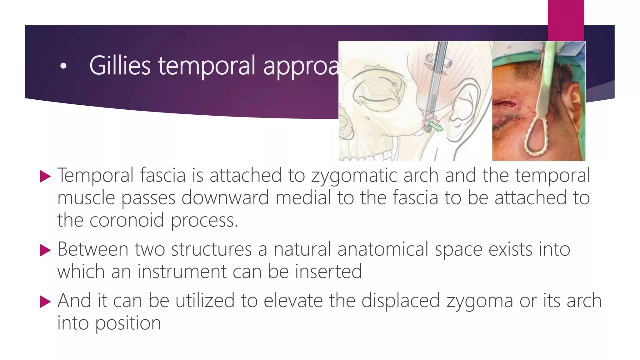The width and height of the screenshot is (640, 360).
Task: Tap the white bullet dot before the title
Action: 63,66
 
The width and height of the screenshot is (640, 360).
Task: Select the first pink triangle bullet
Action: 45,177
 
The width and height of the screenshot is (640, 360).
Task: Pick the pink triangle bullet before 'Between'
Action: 45,250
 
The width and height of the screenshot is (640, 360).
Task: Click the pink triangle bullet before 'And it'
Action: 45,302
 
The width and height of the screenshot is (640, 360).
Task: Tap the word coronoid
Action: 127,220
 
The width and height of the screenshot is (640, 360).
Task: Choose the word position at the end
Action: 128,323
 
